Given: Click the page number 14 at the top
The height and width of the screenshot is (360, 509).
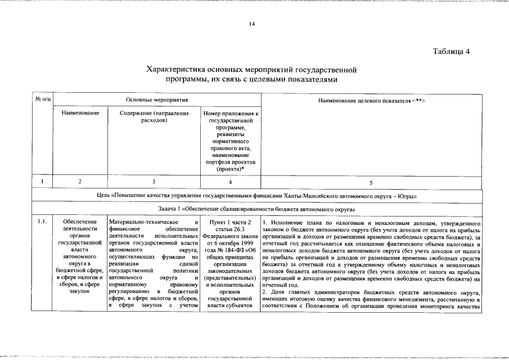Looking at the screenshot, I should [252, 24].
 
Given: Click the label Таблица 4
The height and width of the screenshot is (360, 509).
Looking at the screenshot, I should [451, 52].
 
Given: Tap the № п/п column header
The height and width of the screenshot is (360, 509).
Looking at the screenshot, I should [43, 100].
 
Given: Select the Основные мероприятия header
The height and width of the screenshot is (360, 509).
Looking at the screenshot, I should [153, 100].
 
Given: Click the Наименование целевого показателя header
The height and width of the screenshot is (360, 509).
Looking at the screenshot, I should [371, 100].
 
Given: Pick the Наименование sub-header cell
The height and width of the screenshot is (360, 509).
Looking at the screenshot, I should [80, 113].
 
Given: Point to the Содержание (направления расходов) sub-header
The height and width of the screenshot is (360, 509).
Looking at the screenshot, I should [154, 116].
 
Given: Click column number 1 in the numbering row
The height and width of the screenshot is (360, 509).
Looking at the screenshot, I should [43, 182].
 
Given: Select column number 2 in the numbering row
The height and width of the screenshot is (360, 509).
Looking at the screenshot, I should [80, 182].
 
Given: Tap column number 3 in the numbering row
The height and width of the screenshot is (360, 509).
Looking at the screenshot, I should [154, 182].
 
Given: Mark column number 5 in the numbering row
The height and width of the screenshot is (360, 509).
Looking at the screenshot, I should [371, 182].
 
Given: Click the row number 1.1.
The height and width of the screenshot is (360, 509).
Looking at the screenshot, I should [42, 222].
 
